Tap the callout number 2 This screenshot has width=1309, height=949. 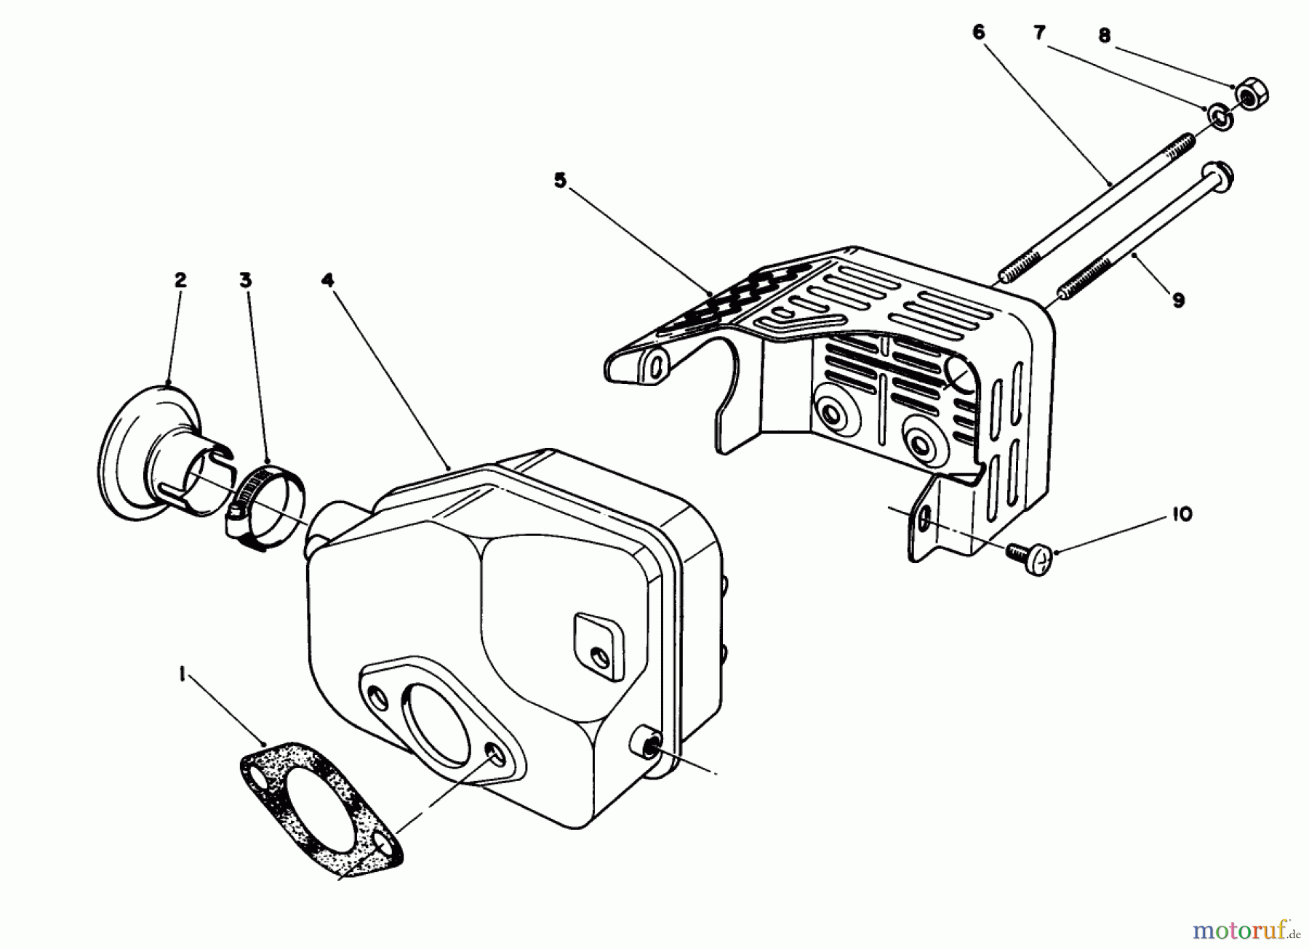pyautogui.click(x=180, y=279)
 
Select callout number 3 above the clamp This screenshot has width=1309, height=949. pyautogui.click(x=246, y=279)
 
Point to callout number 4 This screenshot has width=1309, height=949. pyautogui.click(x=328, y=279)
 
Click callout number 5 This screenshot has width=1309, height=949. pyautogui.click(x=559, y=180)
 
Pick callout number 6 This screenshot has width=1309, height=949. pyautogui.click(x=978, y=32)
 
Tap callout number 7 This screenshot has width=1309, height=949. pyautogui.click(x=1040, y=32)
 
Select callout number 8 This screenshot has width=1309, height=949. pyautogui.click(x=1105, y=35)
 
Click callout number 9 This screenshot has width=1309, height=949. pyautogui.click(x=1179, y=299)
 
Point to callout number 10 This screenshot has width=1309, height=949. pyautogui.click(x=1182, y=514)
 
